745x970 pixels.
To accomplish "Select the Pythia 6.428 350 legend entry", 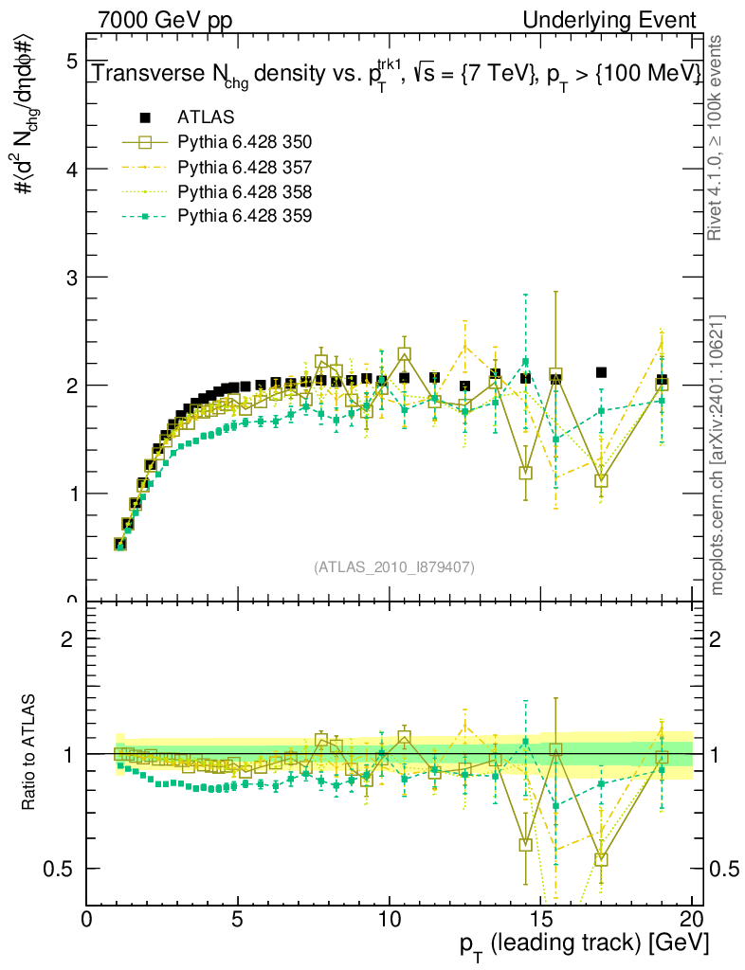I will click(245, 142).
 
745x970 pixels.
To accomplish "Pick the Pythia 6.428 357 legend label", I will click(245, 167).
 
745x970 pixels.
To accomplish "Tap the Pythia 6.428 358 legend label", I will click(245, 191).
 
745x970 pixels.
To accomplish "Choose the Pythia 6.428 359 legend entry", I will click(245, 216).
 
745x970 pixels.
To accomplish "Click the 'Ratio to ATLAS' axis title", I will click(30, 751).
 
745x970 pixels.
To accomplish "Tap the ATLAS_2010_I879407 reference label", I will click(394, 567).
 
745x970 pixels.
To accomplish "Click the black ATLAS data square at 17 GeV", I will click(601, 372).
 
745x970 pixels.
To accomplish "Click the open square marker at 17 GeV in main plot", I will click(601, 480).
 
